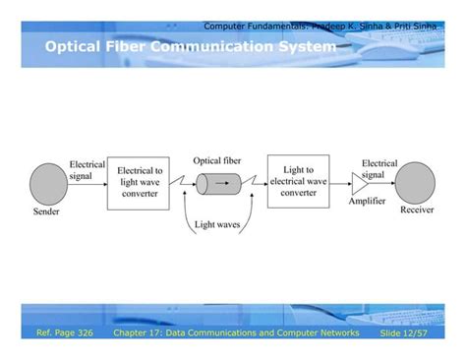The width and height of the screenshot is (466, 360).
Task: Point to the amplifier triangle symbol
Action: click(x=363, y=183)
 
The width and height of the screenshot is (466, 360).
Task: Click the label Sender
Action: click(x=46, y=211)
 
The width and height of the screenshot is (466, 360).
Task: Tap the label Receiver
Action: click(x=417, y=210)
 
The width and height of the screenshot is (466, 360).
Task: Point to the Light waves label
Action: click(x=216, y=225)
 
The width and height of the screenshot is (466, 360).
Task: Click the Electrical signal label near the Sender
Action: click(x=87, y=169)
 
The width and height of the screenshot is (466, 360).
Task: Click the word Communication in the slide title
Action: click(x=209, y=46)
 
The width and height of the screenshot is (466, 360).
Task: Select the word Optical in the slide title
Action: click(x=75, y=46)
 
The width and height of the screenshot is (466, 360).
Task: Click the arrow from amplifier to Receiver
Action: click(x=385, y=183)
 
